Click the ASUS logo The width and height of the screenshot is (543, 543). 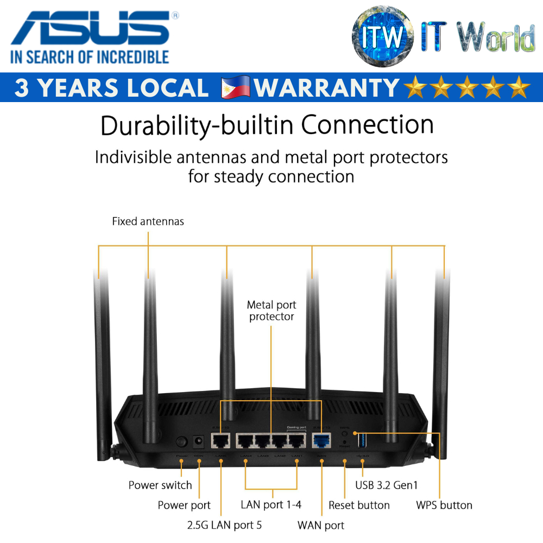(x=90, y=29)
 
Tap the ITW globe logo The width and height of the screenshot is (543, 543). (x=385, y=36)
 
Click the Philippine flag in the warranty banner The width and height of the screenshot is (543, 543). (x=236, y=87)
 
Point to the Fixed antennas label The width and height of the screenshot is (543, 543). (x=148, y=222)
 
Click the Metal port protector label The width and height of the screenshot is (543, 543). (x=271, y=311)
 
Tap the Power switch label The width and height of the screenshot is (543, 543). (x=160, y=485)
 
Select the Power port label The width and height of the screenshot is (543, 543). (x=184, y=505)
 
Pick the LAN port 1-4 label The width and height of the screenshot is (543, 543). (x=271, y=504)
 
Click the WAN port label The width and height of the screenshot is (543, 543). (x=321, y=525)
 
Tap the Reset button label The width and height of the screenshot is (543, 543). (x=359, y=505)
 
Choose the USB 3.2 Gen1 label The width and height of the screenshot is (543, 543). (x=387, y=485)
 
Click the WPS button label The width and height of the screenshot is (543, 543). (x=444, y=505)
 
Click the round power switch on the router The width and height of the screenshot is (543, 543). (x=182, y=442)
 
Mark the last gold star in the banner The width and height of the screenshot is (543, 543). (x=519, y=87)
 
